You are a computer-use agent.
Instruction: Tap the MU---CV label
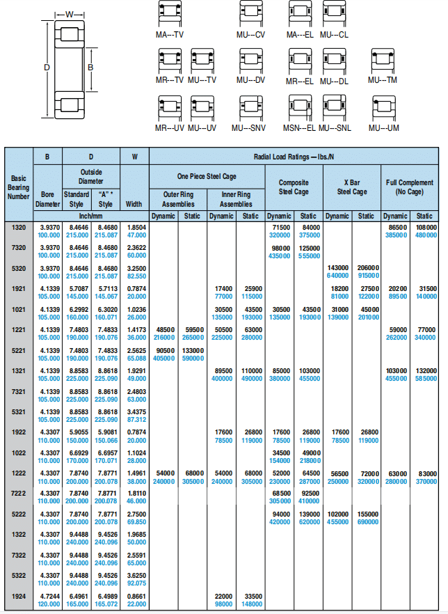[250, 34]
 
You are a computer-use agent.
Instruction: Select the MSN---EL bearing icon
[299, 108]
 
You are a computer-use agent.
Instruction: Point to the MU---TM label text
[383, 80]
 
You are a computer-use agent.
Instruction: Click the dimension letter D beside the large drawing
[47, 68]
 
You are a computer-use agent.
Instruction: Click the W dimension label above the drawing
[69, 14]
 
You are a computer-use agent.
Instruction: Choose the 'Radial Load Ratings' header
[293, 157]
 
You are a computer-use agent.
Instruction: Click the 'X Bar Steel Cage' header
[351, 187]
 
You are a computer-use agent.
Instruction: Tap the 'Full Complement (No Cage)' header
[410, 187]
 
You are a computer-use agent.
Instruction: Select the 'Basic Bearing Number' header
[19, 187]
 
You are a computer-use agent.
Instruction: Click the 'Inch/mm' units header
[91, 216]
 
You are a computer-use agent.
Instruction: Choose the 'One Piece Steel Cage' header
[207, 177]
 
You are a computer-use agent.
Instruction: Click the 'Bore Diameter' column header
[47, 199]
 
